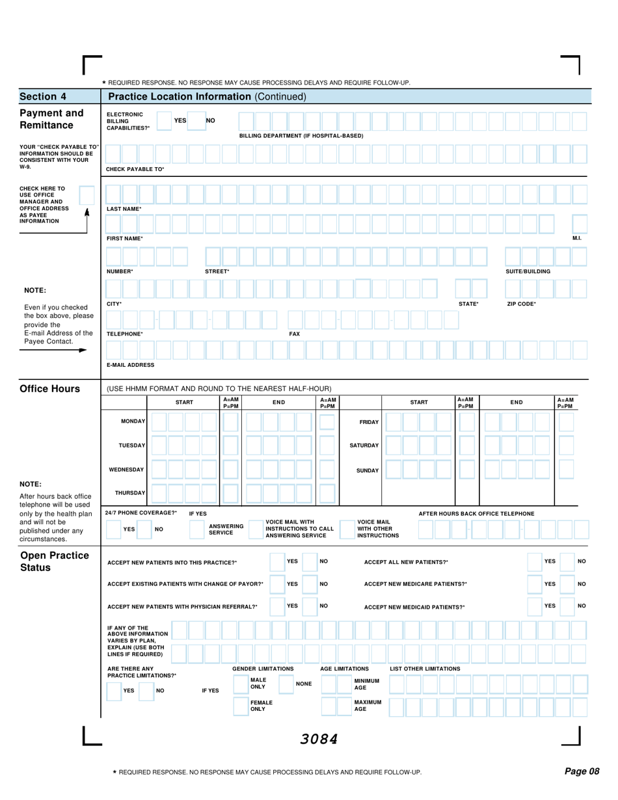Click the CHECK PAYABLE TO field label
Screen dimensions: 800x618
pos(135,169)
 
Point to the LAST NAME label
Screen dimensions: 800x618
pos(124,209)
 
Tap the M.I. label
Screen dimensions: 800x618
pos(576,238)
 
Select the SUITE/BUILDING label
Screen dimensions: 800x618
pos(528,271)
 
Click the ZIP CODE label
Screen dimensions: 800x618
pos(522,304)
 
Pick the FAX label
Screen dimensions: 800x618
pos(294,334)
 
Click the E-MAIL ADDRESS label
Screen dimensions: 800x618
pos(130,365)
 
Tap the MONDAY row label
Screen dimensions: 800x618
pos(133,421)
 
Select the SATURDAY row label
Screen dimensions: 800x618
pos(364,446)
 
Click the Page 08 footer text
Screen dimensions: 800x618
pos(581,771)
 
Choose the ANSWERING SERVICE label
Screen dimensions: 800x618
pos(226,529)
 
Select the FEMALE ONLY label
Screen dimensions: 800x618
pos(262,706)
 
